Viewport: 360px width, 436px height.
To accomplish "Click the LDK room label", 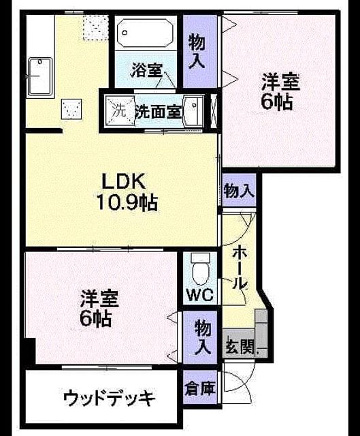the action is point(124,181).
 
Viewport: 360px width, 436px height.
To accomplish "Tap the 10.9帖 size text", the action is point(127,202).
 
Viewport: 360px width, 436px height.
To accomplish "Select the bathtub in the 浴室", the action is point(145,33).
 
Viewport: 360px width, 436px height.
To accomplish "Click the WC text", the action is point(200,294).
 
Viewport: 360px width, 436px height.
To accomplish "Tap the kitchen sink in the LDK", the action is point(40,77).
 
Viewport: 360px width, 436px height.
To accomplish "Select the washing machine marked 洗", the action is point(120,110).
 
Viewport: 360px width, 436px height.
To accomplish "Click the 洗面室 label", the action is point(159,112).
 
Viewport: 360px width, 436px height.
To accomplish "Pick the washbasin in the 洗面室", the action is point(193,110).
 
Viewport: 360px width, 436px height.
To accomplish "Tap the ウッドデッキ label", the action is point(109,398).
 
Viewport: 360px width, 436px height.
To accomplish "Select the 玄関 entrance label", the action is point(240,347).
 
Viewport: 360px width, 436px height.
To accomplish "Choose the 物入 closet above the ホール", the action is point(239,191).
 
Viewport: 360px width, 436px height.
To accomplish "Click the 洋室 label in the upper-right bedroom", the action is point(280,82).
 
